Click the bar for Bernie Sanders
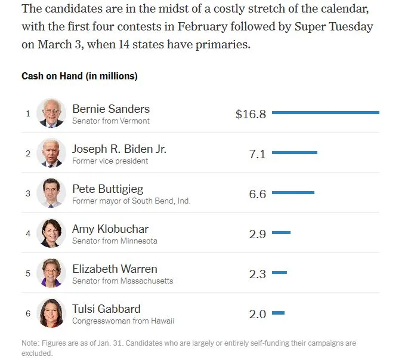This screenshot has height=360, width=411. [x=325, y=112]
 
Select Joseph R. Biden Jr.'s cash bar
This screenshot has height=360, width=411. [x=295, y=153]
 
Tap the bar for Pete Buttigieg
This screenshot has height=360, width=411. [x=293, y=192]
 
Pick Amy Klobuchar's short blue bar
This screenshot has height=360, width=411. [x=281, y=232]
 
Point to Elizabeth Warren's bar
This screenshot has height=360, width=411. [x=279, y=272]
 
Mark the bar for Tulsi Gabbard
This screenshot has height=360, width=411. [x=278, y=313]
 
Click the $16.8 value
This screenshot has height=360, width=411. [x=251, y=114]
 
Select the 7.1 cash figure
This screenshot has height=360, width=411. [x=257, y=154]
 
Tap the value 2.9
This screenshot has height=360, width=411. [x=257, y=234]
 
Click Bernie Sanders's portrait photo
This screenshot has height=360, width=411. [x=51, y=113]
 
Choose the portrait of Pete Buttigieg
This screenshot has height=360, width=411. [x=51, y=193]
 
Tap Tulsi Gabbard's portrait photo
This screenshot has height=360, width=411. [x=51, y=313]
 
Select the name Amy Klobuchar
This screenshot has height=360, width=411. [x=110, y=229]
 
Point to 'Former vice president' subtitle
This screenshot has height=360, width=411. [x=110, y=161]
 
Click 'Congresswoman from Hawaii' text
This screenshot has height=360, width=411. [x=123, y=321]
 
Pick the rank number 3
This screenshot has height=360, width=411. [x=27, y=193]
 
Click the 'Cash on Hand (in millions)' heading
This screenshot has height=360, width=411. [x=79, y=76]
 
